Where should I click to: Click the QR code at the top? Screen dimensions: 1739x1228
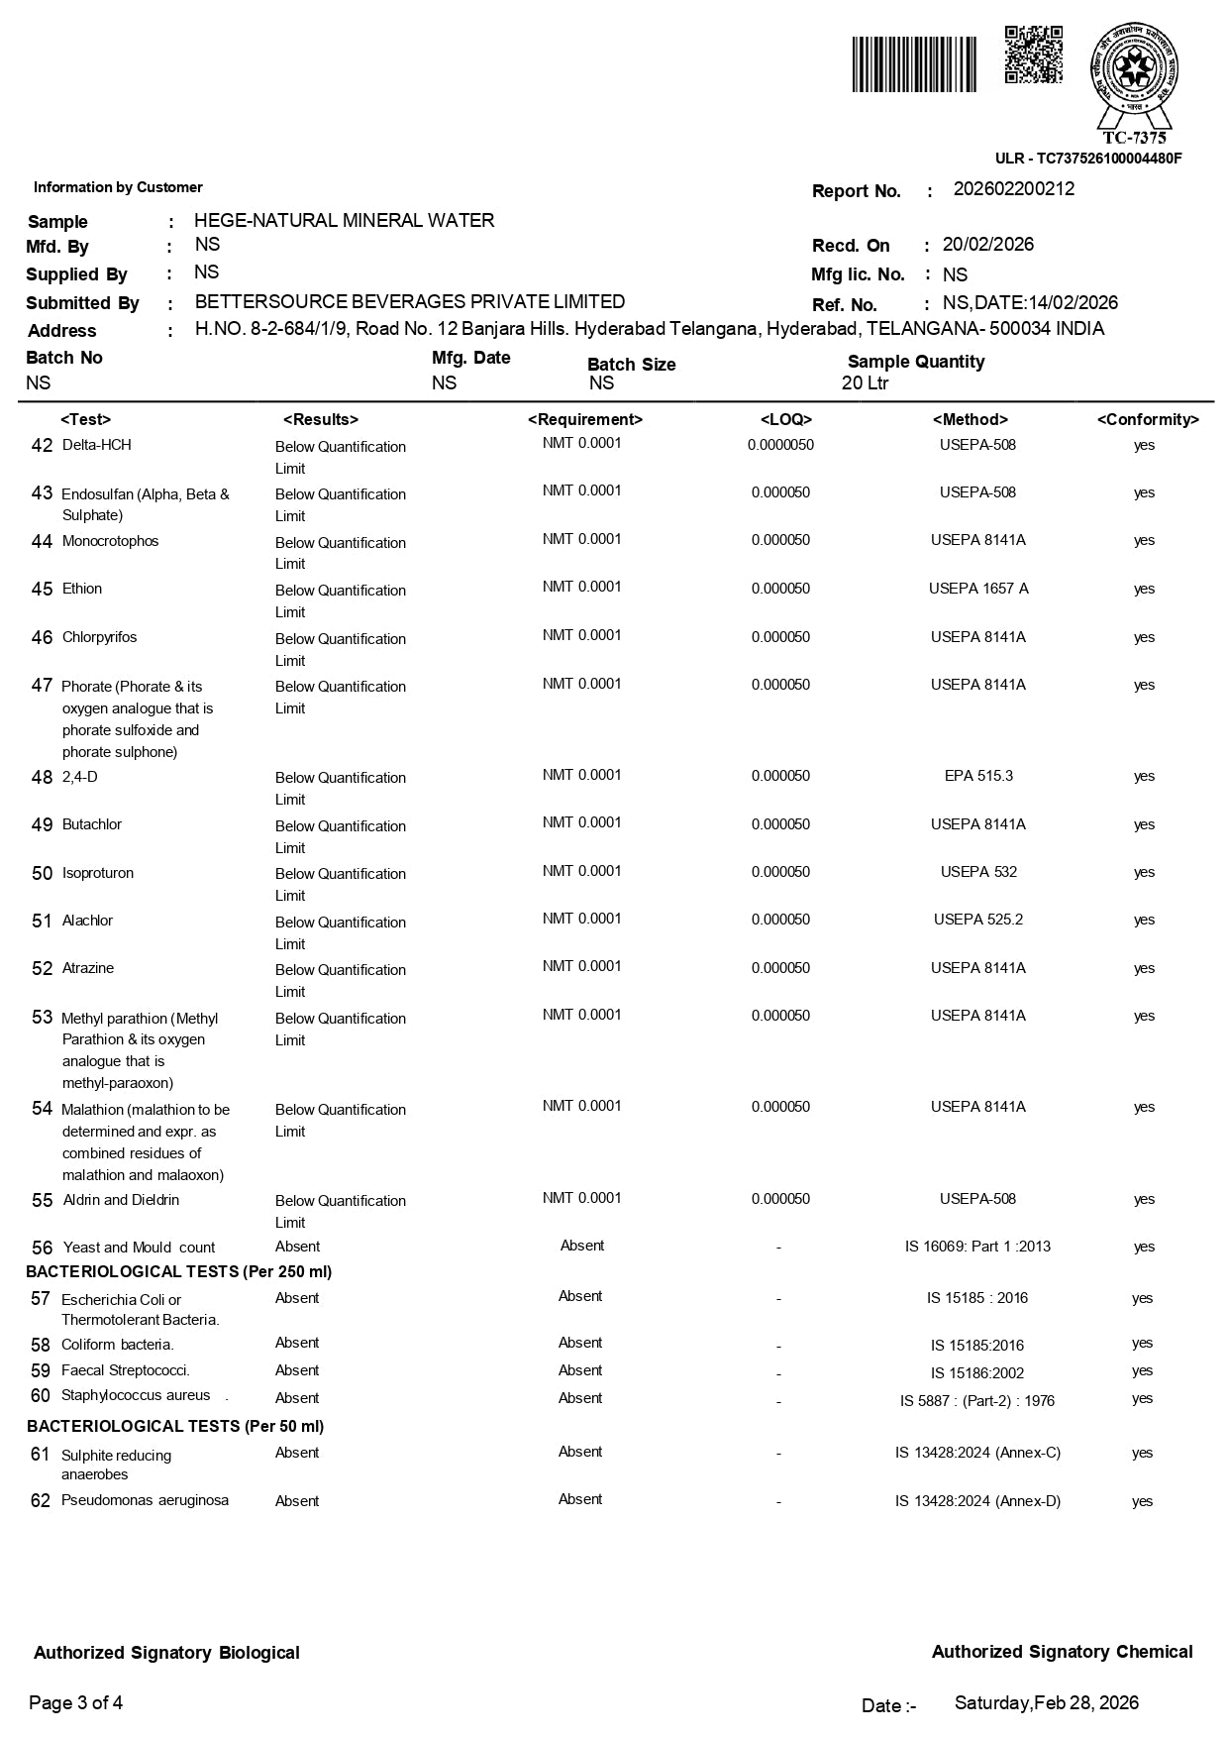point(1033,55)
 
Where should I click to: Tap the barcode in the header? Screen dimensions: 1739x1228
point(914,64)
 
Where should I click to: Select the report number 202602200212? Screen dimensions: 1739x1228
point(1013,189)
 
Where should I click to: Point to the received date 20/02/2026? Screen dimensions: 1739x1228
point(987,245)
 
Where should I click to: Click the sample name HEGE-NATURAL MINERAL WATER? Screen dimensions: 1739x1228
point(344,220)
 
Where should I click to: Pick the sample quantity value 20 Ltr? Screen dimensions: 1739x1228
point(865,383)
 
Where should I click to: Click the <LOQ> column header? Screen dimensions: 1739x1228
point(785,420)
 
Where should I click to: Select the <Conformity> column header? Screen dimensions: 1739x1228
point(1147,420)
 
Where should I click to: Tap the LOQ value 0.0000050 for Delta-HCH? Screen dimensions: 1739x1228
point(780,445)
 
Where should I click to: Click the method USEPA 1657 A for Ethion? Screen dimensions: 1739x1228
point(977,589)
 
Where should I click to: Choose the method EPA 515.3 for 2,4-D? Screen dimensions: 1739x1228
point(977,776)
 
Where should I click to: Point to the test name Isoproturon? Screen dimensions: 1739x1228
point(97,873)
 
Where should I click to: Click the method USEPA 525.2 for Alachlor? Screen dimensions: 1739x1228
point(977,920)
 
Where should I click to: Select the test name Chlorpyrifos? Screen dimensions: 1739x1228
point(99,637)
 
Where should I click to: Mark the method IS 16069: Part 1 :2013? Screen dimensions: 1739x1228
point(977,1247)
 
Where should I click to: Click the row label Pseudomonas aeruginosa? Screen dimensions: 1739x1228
point(145,1500)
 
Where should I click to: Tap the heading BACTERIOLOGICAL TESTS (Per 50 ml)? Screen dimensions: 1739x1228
point(175,1426)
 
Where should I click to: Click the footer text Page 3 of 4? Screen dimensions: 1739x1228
point(76,1702)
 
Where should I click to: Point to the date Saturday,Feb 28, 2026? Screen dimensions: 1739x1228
point(1046,1702)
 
